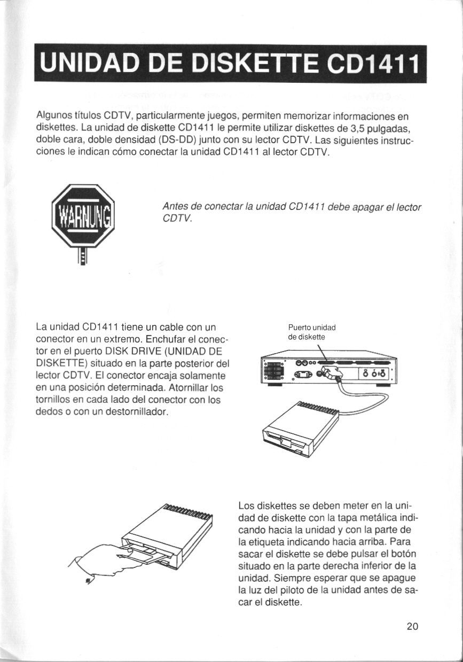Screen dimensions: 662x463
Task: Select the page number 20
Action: [412, 626]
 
